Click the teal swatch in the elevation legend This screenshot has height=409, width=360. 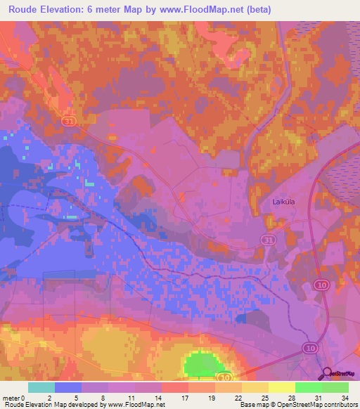tap(41, 387)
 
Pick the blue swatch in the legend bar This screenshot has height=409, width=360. tap(67, 387)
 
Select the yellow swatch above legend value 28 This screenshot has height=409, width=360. tap(281, 387)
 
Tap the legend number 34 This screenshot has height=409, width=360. tap(344, 397)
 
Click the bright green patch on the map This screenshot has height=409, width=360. tap(202, 365)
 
